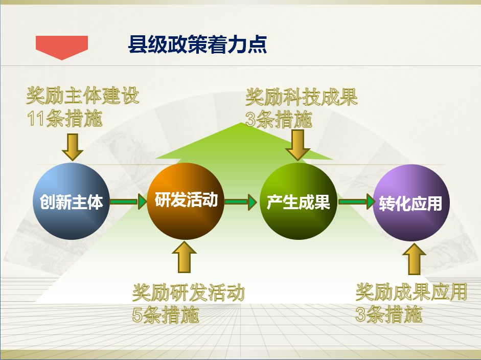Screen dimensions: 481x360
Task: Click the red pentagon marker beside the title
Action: point(62,47)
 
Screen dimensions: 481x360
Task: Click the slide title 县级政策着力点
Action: point(197,44)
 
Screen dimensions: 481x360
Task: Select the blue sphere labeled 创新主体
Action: point(71,201)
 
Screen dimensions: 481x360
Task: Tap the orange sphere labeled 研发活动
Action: point(185,201)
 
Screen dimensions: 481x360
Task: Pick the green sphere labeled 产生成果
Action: point(299,201)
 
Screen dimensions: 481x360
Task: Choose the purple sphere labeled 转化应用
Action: point(411,202)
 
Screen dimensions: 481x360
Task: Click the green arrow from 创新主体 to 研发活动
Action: point(128,201)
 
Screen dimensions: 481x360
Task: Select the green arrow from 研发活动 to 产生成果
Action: point(240,202)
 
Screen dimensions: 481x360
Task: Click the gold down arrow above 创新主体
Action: point(73,147)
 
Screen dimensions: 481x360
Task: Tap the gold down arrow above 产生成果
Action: point(297,145)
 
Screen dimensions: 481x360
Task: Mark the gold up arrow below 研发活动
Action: point(184,257)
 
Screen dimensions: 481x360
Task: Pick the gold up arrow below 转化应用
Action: point(414,259)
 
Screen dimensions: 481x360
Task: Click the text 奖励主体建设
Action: point(83,96)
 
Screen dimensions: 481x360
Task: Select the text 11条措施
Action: point(64,119)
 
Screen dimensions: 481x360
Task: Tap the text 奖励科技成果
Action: point(302,97)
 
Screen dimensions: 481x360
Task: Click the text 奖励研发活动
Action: point(189,292)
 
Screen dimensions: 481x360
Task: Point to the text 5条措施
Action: point(166,315)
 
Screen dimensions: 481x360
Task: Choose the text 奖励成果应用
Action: point(411,291)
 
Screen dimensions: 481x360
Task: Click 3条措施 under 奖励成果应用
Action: point(388,314)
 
